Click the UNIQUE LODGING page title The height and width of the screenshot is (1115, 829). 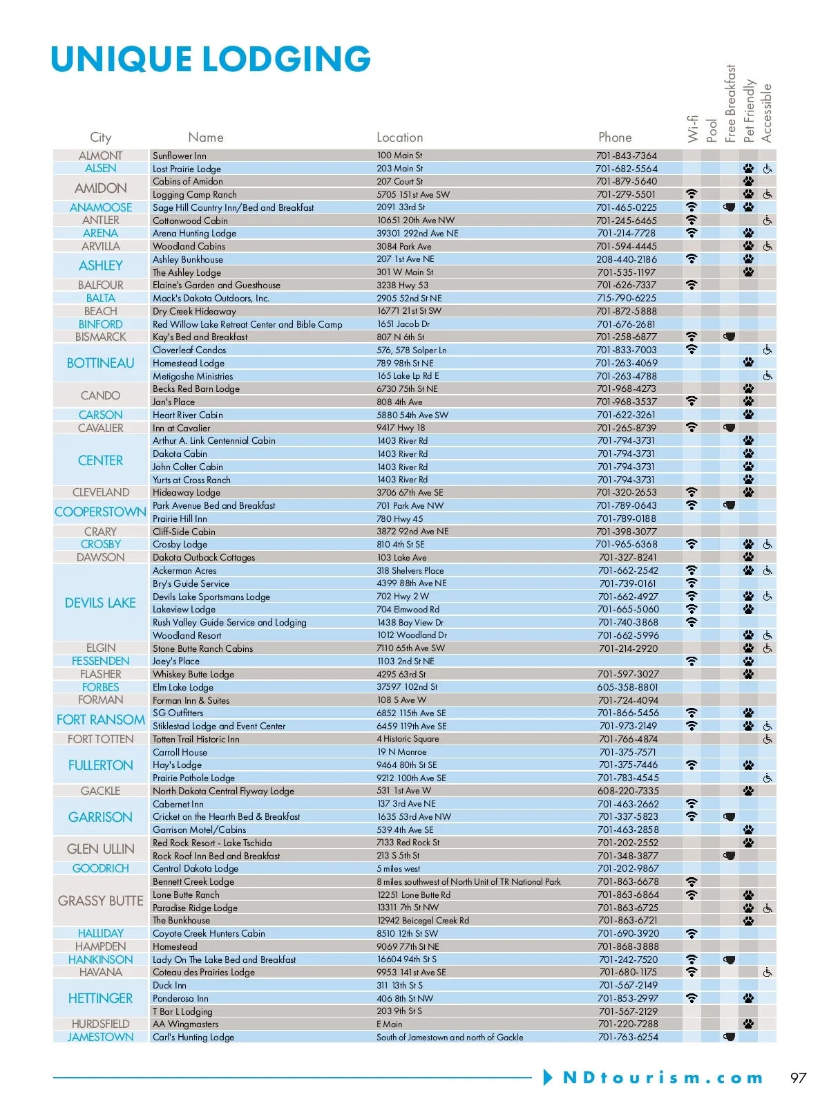[211, 59]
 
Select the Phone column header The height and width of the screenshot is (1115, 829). [615, 138]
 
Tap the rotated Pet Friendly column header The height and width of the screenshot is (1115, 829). [749, 111]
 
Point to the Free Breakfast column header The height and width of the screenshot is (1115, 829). [730, 104]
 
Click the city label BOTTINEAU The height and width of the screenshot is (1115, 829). [101, 363]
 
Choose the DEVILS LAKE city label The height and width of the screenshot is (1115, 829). [101, 603]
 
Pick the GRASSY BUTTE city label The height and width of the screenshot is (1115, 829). [101, 901]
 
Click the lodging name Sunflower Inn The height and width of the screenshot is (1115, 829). [180, 156]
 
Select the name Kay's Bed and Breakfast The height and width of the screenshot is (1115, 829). [200, 337]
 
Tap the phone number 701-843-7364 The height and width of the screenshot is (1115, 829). [627, 156]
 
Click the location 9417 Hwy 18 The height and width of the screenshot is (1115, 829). [401, 428]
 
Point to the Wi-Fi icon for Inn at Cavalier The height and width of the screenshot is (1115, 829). [692, 428]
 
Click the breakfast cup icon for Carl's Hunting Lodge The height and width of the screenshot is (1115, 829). [729, 1037]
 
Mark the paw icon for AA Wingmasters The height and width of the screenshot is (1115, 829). [749, 1024]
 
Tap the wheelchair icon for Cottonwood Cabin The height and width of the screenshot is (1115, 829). [768, 221]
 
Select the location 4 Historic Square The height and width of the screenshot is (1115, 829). [408, 739]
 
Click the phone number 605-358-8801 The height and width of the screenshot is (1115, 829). [627, 687]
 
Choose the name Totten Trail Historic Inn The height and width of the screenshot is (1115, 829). [196, 739]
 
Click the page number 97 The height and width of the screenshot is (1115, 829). [799, 1078]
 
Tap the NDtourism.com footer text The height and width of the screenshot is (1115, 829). [663, 1078]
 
